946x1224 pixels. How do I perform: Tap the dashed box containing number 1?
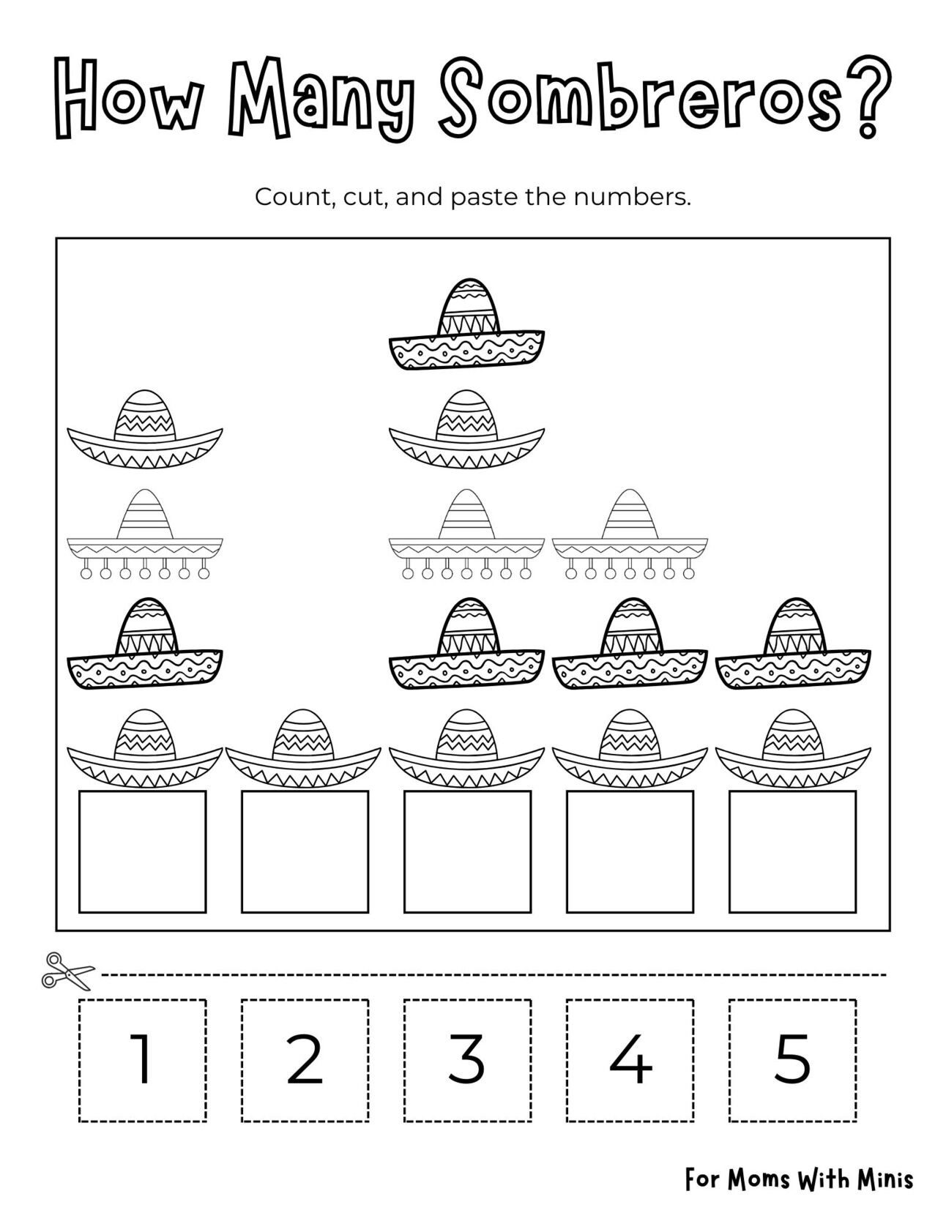pyautogui.click(x=142, y=1059)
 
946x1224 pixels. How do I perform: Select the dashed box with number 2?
pyautogui.click(x=305, y=1059)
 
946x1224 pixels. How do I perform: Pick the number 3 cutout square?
pyautogui.click(x=467, y=1059)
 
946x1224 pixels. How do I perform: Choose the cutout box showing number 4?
pyautogui.click(x=630, y=1059)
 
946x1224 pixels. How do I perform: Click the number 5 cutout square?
pyautogui.click(x=792, y=1059)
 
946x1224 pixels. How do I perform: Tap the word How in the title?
pyautogui.click(x=128, y=95)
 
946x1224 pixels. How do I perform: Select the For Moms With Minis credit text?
pyautogui.click(x=799, y=1179)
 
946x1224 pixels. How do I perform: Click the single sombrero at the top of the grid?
pyautogui.click(x=466, y=325)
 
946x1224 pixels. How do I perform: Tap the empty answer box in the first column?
pyautogui.click(x=142, y=851)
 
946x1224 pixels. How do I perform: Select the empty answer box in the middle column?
pyautogui.click(x=467, y=851)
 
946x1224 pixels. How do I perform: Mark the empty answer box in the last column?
pyautogui.click(x=792, y=851)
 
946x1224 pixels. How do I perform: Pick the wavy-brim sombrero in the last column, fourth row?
pyautogui.click(x=792, y=646)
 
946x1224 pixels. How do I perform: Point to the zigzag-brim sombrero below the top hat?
pyautogui.click(x=466, y=430)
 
